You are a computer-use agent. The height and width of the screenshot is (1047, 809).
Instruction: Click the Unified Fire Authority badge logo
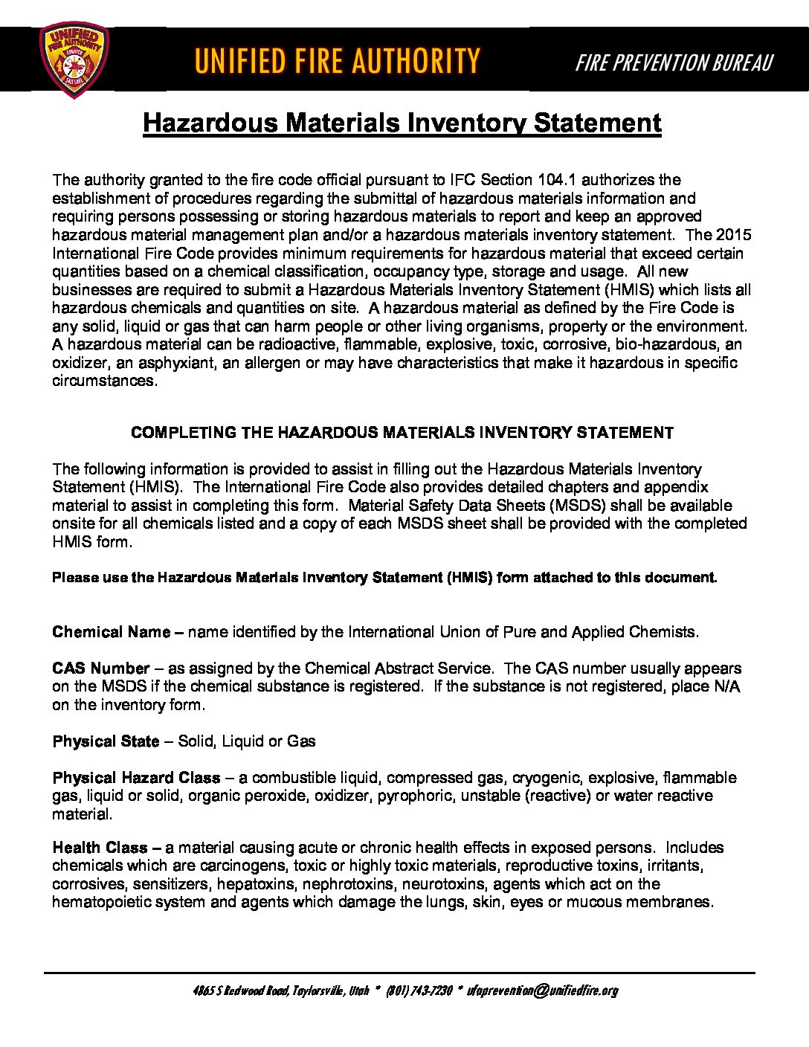(73, 59)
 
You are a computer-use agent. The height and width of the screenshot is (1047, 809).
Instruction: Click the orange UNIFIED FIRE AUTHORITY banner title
(337, 60)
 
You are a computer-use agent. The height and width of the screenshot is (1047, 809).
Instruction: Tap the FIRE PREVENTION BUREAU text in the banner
(674, 62)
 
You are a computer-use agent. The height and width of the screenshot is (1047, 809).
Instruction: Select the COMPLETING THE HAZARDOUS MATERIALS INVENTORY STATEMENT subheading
(402, 433)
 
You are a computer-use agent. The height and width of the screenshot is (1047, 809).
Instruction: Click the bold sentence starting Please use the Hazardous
(384, 578)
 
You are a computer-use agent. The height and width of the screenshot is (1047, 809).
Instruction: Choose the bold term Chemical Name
(112, 632)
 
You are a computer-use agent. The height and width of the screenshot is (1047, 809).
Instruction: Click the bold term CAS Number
(101, 669)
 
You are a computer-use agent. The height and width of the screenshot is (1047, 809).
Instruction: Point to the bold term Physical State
(106, 741)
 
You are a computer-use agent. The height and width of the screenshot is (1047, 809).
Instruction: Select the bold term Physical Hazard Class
(136, 778)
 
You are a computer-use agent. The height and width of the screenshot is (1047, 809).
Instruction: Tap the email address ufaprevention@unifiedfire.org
(543, 990)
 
